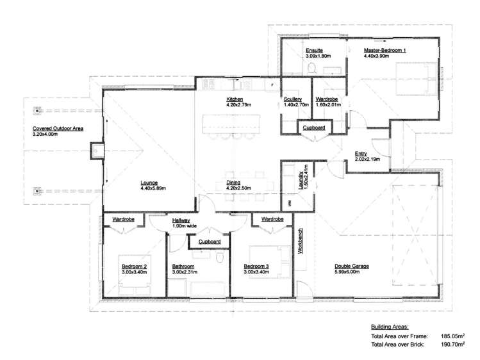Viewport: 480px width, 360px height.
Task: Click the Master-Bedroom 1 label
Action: [x=385, y=50]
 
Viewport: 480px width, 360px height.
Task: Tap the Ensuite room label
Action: [x=314, y=50]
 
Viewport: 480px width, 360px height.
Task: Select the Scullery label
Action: [x=292, y=99]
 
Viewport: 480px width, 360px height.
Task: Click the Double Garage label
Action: [x=352, y=266]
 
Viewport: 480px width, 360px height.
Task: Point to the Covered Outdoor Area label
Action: [x=58, y=129]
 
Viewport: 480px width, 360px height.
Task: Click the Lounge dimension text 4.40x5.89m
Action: [x=153, y=188]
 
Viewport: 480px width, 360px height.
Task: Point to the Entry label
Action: [x=361, y=153]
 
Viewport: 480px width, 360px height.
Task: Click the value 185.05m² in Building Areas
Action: [x=452, y=335]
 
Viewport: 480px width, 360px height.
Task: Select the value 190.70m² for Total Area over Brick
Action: [x=452, y=345]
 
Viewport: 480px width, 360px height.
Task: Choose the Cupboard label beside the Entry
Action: [x=314, y=128]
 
